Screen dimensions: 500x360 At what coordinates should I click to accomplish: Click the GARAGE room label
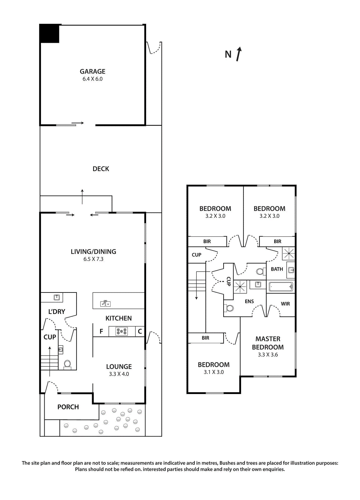click(x=92, y=72)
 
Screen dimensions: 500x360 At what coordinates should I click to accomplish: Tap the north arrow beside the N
click(x=239, y=54)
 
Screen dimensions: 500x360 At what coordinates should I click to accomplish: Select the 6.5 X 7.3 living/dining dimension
click(x=93, y=259)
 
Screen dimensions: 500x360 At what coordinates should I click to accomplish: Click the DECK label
click(x=101, y=169)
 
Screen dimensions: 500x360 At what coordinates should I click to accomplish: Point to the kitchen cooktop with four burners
click(x=122, y=331)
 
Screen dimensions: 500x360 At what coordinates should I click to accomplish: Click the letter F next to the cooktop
click(x=101, y=332)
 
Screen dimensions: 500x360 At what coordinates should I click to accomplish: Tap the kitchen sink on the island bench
click(x=105, y=303)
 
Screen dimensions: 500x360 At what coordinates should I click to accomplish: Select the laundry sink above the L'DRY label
click(x=57, y=297)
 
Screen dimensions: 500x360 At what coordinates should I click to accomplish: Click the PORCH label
click(x=68, y=407)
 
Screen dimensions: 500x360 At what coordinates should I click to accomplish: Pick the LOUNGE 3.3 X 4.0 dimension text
click(x=119, y=374)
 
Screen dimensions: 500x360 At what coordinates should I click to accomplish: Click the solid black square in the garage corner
click(x=49, y=33)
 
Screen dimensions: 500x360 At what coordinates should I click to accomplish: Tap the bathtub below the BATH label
click(x=281, y=287)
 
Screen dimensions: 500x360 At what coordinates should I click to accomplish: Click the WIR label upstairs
click(x=285, y=304)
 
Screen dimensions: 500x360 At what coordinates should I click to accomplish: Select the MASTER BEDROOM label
click(x=268, y=343)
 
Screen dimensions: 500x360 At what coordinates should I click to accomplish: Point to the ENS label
click(x=249, y=302)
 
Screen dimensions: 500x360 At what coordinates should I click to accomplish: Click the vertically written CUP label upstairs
click(x=229, y=281)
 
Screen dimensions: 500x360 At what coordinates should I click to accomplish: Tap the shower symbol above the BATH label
click(x=288, y=253)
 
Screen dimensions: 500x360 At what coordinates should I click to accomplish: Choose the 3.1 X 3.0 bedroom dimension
click(x=214, y=372)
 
